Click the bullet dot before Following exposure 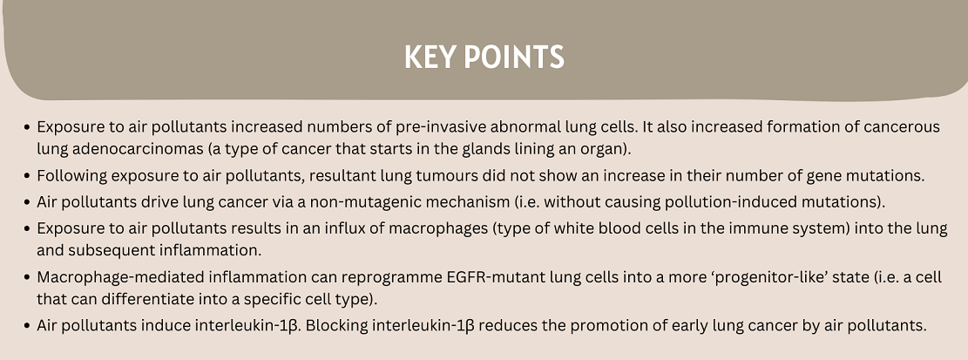(26, 176)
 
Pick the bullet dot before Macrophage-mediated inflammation (26, 277)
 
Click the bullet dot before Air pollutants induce (26, 325)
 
